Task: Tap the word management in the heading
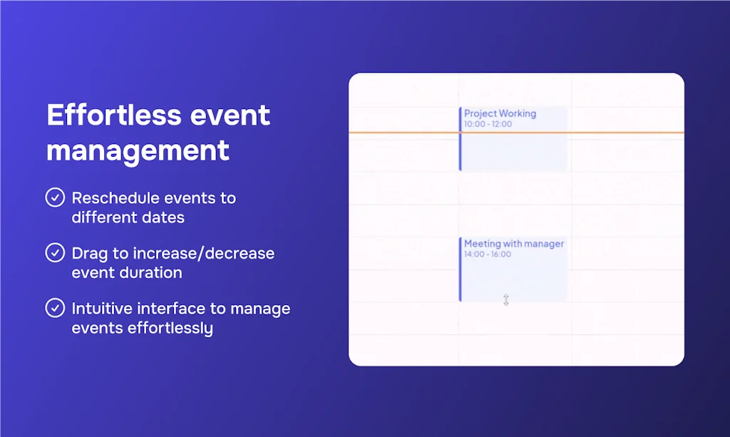(138, 150)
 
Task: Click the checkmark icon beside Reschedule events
(55, 197)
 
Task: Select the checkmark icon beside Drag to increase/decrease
(55, 253)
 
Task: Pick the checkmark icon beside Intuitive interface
(55, 309)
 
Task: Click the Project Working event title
(500, 113)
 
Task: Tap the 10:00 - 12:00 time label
(488, 124)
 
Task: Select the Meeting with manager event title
(514, 244)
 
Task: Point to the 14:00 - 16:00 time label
(488, 255)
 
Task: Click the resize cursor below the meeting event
(506, 300)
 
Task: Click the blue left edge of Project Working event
(461, 139)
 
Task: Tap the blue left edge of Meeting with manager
(461, 269)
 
